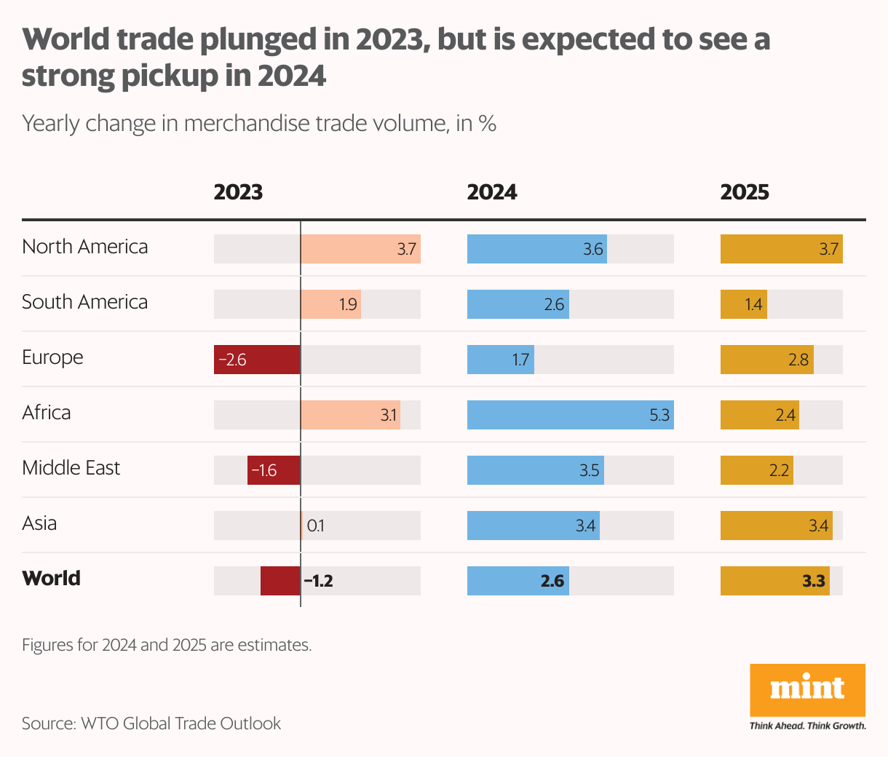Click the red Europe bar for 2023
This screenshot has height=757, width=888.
[257, 360]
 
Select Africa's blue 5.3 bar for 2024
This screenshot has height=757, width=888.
[570, 415]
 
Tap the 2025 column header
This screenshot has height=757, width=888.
[745, 192]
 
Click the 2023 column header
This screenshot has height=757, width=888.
[238, 192]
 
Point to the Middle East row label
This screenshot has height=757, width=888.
[71, 467]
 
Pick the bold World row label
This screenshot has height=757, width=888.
[52, 578]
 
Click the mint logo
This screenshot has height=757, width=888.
[807, 689]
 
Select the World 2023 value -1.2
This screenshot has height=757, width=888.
[319, 581]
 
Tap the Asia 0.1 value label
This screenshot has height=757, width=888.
[316, 526]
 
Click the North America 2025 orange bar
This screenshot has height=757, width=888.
[781, 249]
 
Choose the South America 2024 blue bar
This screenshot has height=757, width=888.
[518, 304]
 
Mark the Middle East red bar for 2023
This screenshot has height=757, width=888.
[274, 470]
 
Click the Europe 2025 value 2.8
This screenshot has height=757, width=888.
[798, 360]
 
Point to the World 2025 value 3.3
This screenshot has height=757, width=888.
[814, 581]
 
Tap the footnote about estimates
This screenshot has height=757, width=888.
[167, 645]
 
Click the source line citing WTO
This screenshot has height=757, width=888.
[151, 724]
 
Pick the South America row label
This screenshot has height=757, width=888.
[85, 301]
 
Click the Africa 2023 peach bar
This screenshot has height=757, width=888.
[350, 415]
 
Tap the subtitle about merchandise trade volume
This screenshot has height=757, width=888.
[259, 124]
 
